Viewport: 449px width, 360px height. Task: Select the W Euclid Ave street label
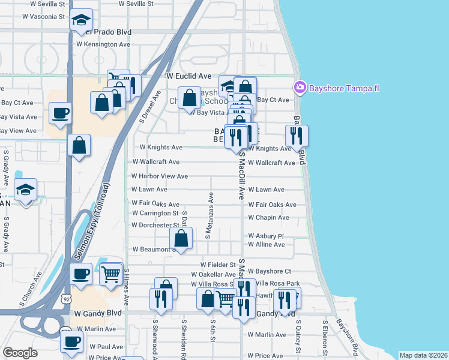[x=189, y=76]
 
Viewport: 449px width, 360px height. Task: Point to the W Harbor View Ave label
[x=160, y=176]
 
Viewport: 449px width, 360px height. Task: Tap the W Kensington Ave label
[x=103, y=44]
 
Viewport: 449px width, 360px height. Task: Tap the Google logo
[x=20, y=353]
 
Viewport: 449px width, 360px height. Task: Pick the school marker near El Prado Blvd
[x=81, y=21]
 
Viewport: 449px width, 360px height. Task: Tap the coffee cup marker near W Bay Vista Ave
[x=60, y=113]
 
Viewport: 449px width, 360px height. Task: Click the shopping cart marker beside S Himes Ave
[x=110, y=275]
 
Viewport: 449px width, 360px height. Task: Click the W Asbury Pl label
[x=265, y=236]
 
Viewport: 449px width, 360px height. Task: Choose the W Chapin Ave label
[x=268, y=218]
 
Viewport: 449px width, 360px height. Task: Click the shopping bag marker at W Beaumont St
[x=182, y=239]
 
